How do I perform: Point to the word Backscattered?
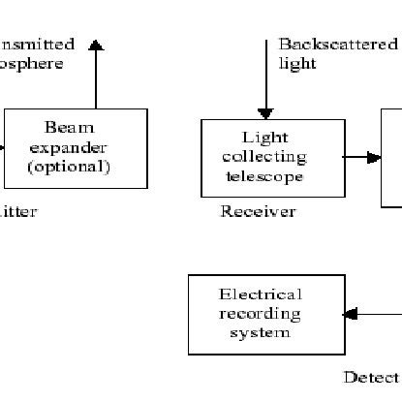(337, 45)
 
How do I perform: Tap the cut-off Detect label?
(372, 377)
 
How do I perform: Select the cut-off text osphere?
(32, 64)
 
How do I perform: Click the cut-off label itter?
(18, 212)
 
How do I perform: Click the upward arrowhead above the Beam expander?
(95, 44)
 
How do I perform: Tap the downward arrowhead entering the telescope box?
(265, 113)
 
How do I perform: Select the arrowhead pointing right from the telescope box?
(374, 157)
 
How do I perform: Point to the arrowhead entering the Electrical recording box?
(351, 314)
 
